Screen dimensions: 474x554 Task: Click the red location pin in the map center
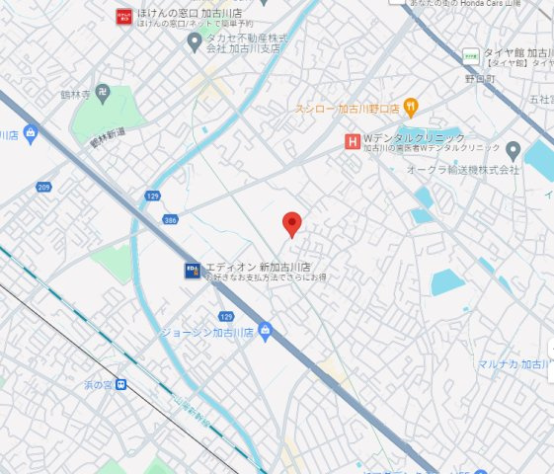[x=291, y=223]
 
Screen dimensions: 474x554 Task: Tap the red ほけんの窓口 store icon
[x=123, y=15]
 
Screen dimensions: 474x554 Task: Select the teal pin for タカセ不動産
[x=195, y=39]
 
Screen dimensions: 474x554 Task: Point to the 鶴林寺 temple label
[x=74, y=95]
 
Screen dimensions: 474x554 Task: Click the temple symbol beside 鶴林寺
[x=103, y=94]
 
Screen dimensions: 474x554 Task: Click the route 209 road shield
[x=43, y=187]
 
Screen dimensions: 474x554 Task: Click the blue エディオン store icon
[x=192, y=268]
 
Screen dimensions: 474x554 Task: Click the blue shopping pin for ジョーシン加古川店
[x=265, y=331]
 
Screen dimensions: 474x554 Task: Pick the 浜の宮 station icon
[x=120, y=385]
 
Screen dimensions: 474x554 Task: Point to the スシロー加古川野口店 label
[x=347, y=108]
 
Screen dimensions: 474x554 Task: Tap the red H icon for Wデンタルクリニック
[x=351, y=141]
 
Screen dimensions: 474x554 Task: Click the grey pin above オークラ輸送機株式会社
[x=512, y=150]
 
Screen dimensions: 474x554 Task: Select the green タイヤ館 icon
[x=471, y=55]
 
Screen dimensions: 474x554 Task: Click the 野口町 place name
[x=479, y=76]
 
